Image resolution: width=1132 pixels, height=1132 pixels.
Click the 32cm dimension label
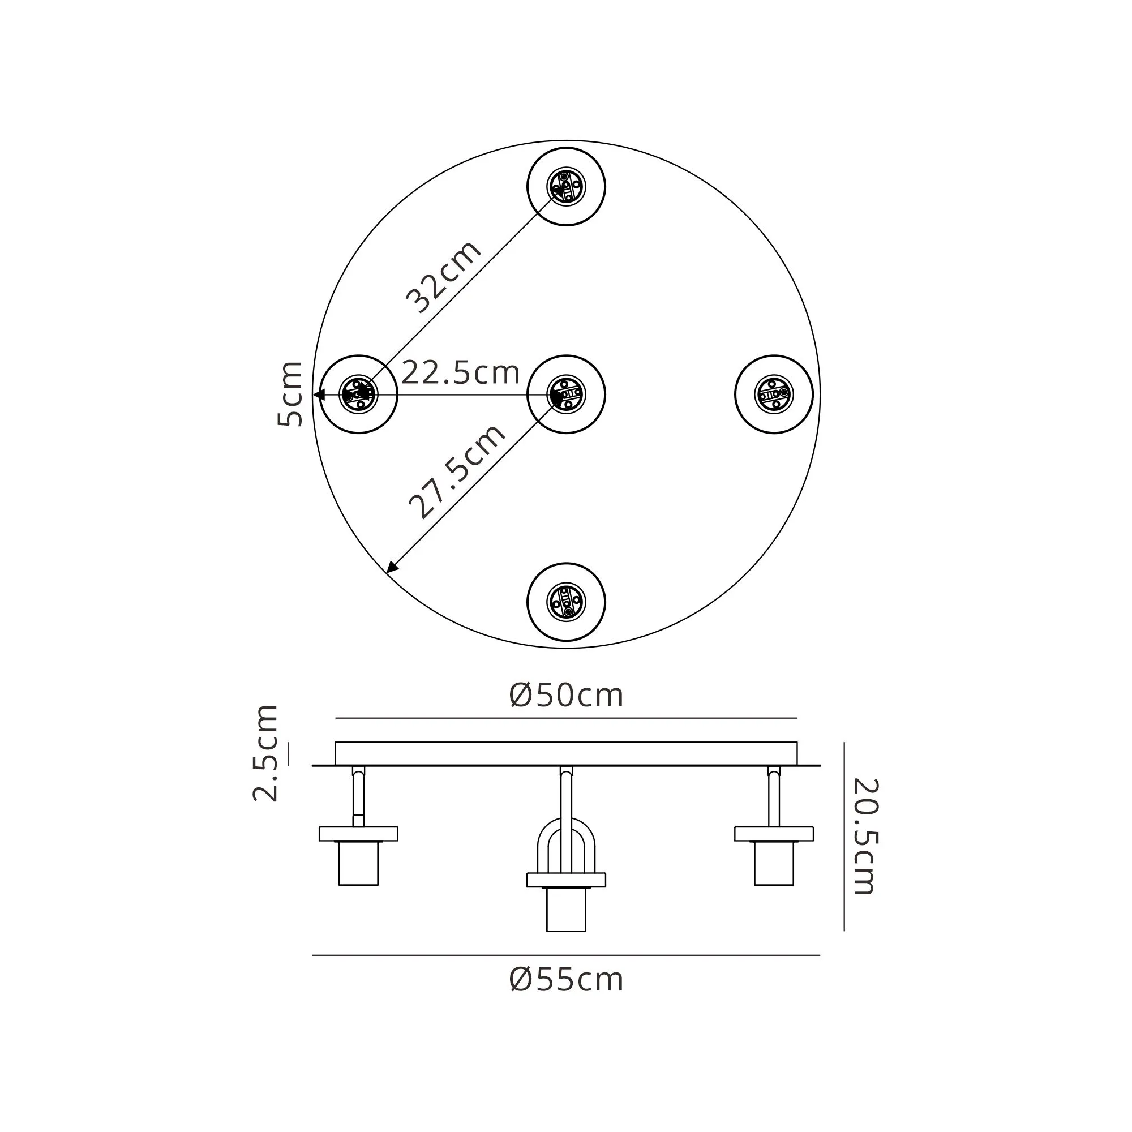[444, 277]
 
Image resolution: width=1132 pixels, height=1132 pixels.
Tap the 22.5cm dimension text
[461, 372]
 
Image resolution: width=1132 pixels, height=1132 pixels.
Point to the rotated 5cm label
[290, 394]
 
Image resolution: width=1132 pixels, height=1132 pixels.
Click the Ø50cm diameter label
[566, 696]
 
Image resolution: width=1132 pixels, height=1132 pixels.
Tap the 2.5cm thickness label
[265, 753]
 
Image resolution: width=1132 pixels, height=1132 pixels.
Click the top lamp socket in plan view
[566, 187]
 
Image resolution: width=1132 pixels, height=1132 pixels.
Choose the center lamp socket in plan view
[566, 395]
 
